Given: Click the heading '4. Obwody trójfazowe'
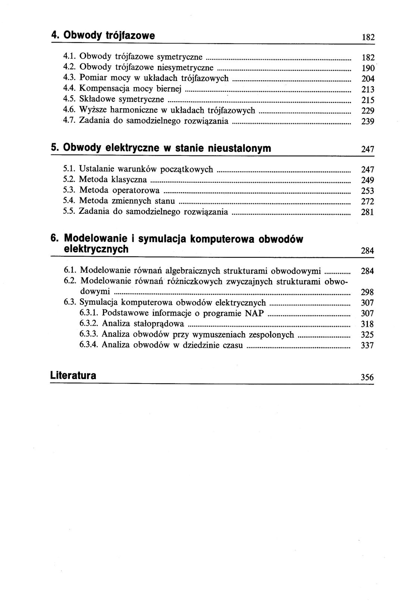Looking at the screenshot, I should pyautogui.click(x=103, y=36).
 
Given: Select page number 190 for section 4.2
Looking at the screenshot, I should pyautogui.click(x=368, y=68).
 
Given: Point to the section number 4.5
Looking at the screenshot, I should pyautogui.click(x=70, y=99).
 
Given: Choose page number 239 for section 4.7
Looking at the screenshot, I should pyautogui.click(x=368, y=122).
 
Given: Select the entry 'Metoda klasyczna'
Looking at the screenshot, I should pyautogui.click(x=113, y=180).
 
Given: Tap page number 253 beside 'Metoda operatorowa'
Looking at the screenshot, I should pyautogui.click(x=368, y=191).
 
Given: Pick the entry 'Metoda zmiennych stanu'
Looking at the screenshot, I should pyautogui.click(x=127, y=201).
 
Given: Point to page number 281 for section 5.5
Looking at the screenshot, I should pyautogui.click(x=368, y=213).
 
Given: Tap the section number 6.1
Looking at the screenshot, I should pyautogui.click(x=70, y=270).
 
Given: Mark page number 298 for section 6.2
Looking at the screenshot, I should pyautogui.click(x=368, y=292).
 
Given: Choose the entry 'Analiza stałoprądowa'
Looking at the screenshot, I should pyautogui.click(x=143, y=323).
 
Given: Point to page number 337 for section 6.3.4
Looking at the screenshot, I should pyautogui.click(x=368, y=345).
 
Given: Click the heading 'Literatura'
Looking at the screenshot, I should pyautogui.click(x=73, y=375).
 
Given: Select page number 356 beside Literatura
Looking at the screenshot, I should pyautogui.click(x=367, y=377).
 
